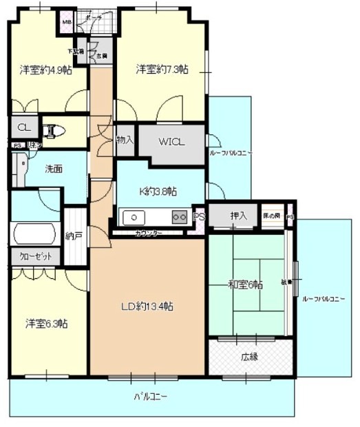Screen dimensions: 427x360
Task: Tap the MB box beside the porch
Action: (x=67, y=22)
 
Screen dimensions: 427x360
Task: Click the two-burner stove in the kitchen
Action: (x=179, y=217)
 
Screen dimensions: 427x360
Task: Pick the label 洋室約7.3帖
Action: (x=162, y=69)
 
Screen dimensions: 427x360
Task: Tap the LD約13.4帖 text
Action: (x=147, y=305)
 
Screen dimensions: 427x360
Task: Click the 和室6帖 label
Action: (x=244, y=284)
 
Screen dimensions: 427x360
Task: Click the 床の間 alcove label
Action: (x=272, y=216)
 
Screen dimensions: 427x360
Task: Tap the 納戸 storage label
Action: (x=74, y=236)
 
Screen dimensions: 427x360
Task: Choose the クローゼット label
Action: (x=34, y=256)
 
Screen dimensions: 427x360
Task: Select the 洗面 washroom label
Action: (x=55, y=168)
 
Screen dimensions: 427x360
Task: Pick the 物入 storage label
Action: (x=125, y=140)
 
